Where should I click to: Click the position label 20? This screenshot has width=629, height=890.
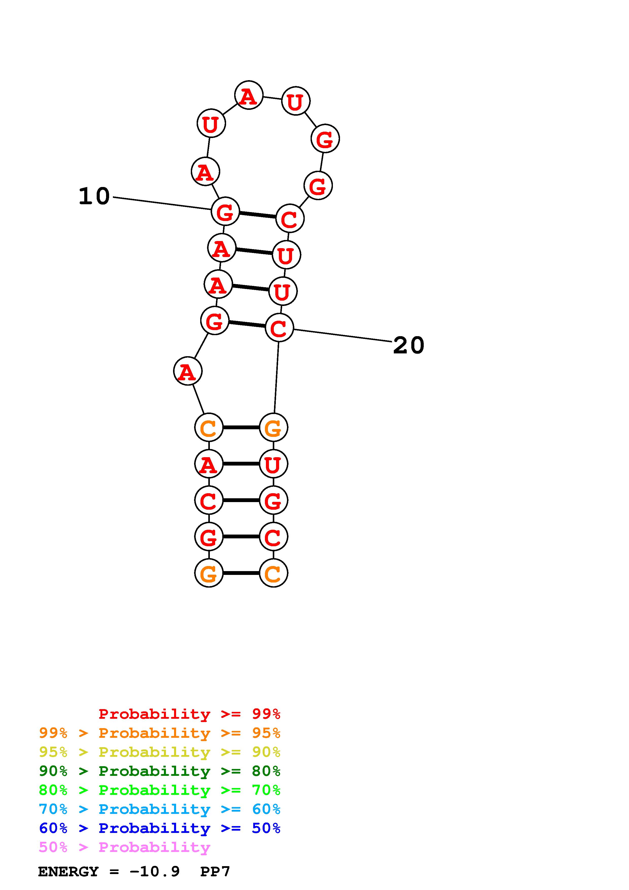[409, 345]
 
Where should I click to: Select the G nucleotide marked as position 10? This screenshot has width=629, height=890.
[225, 211]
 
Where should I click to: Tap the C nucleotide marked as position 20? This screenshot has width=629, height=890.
[279, 328]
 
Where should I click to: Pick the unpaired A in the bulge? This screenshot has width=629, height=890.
[188, 371]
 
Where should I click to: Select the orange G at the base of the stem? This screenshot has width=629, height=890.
[209, 573]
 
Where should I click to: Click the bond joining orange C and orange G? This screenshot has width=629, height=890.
[241, 427]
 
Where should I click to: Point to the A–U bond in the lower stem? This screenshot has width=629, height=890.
[241, 464]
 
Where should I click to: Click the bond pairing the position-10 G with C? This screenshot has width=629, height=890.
[257, 214]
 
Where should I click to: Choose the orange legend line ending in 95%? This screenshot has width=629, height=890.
[160, 733]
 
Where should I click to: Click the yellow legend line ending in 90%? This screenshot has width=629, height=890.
[160, 752]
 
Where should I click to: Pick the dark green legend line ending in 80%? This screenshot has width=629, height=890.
[160, 771]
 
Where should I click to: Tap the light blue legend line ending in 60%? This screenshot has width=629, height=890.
[160, 809]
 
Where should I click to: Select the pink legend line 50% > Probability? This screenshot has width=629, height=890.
[124, 847]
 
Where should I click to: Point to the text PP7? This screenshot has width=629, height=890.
[215, 871]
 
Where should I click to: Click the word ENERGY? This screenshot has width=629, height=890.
[68, 871]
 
